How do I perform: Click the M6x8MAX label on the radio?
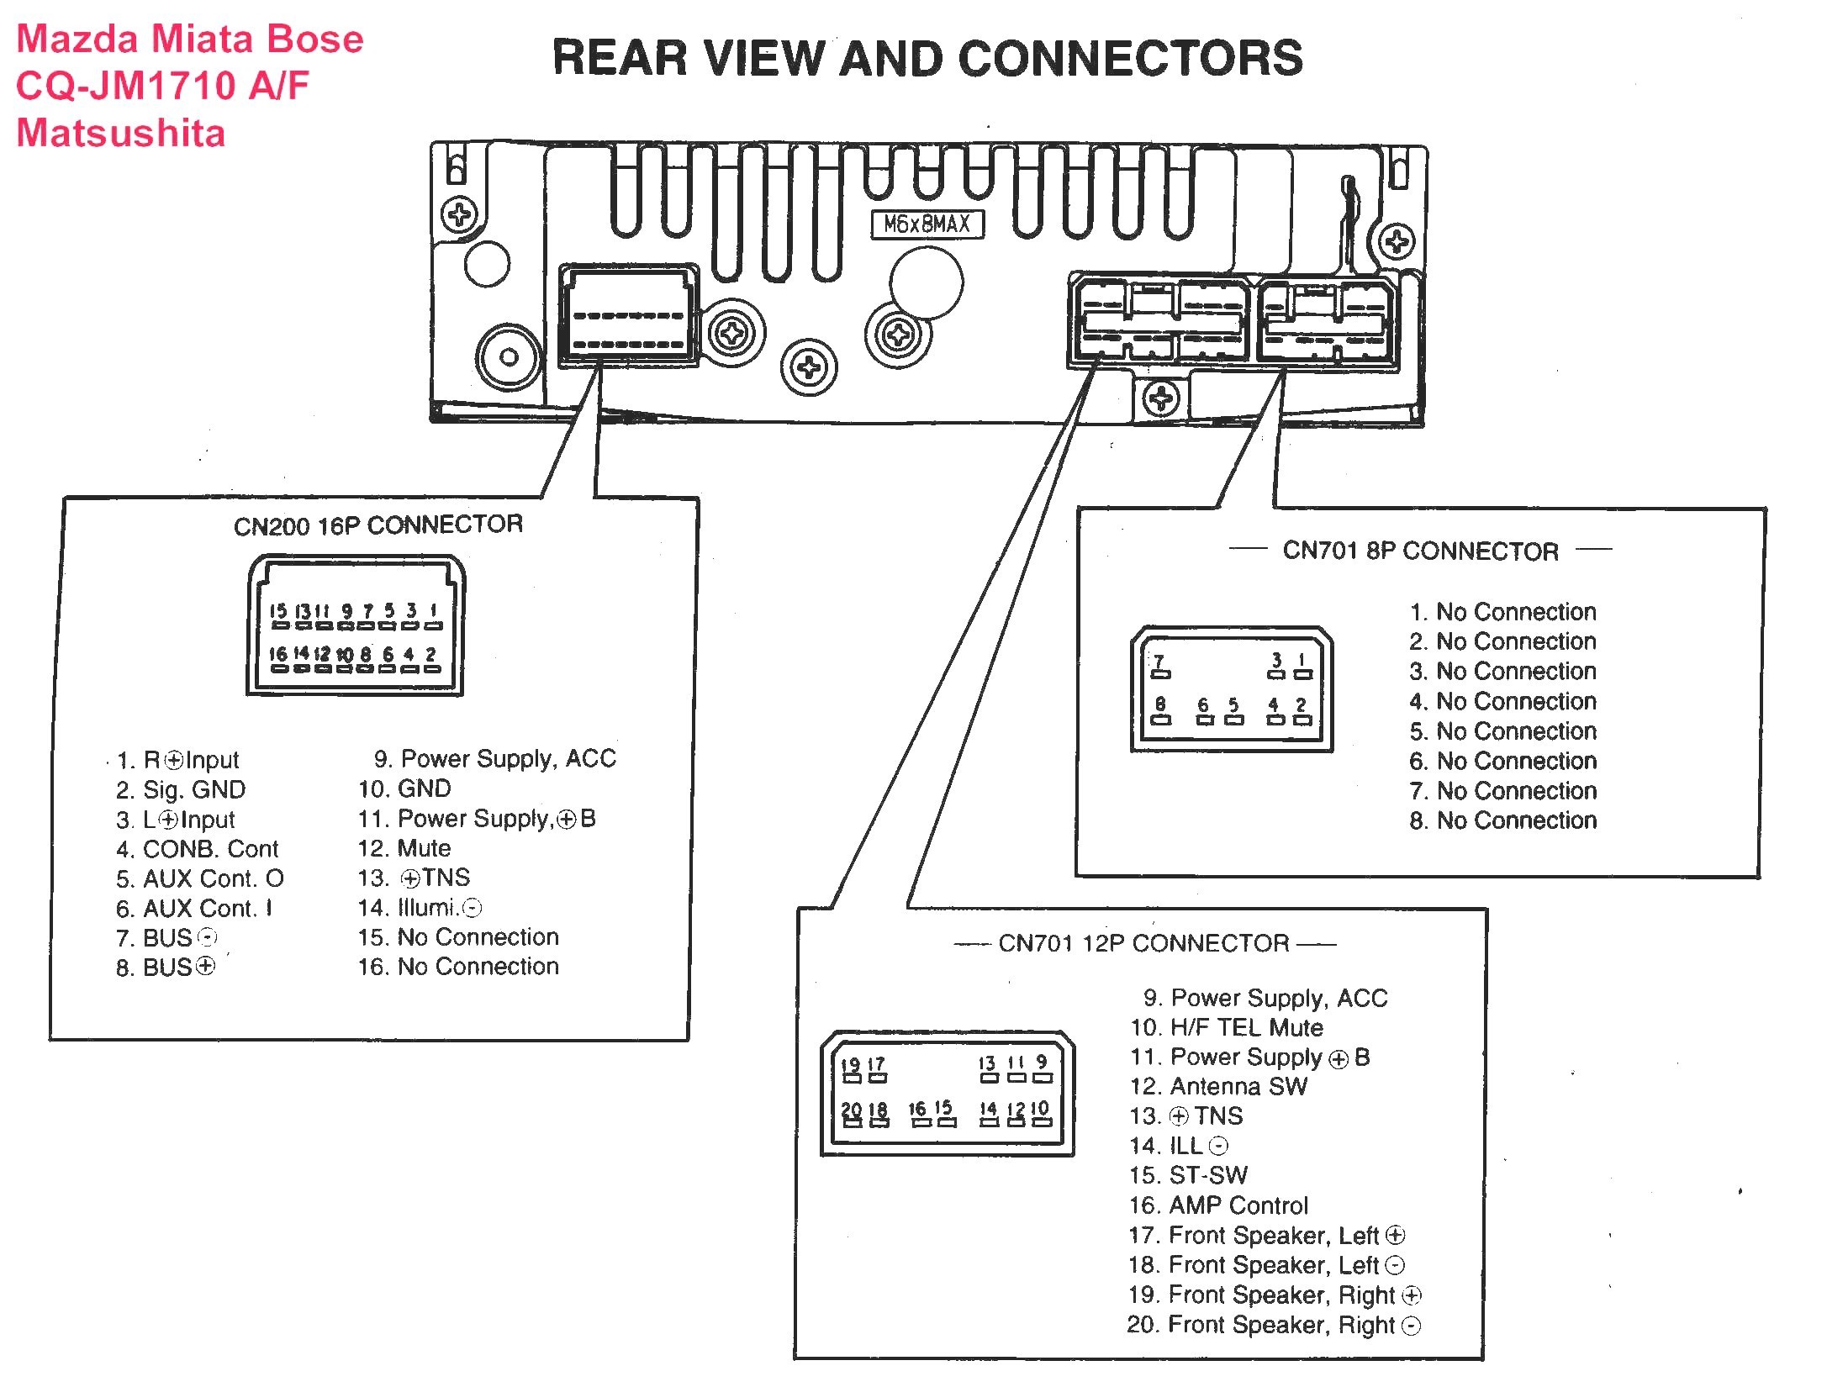point(927,224)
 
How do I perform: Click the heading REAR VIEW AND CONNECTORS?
point(928,59)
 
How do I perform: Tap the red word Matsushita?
point(121,134)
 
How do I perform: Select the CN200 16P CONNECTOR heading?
point(378,525)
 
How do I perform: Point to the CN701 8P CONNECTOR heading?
point(1421,551)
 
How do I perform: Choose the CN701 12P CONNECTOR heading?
point(1143,943)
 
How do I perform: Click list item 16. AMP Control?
point(1219,1205)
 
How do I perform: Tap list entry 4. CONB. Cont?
point(198,849)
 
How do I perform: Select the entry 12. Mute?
point(404,848)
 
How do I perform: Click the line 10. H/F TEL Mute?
point(1227,1027)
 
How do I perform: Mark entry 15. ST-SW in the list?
point(1189,1175)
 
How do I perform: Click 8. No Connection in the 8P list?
point(1503,820)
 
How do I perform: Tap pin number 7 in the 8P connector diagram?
point(1159,662)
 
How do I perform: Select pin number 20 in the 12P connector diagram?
point(851,1110)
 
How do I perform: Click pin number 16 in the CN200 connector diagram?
point(277,654)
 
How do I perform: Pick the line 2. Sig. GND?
point(181,790)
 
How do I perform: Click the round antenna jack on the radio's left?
point(509,356)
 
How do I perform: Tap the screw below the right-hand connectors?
point(1161,398)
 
